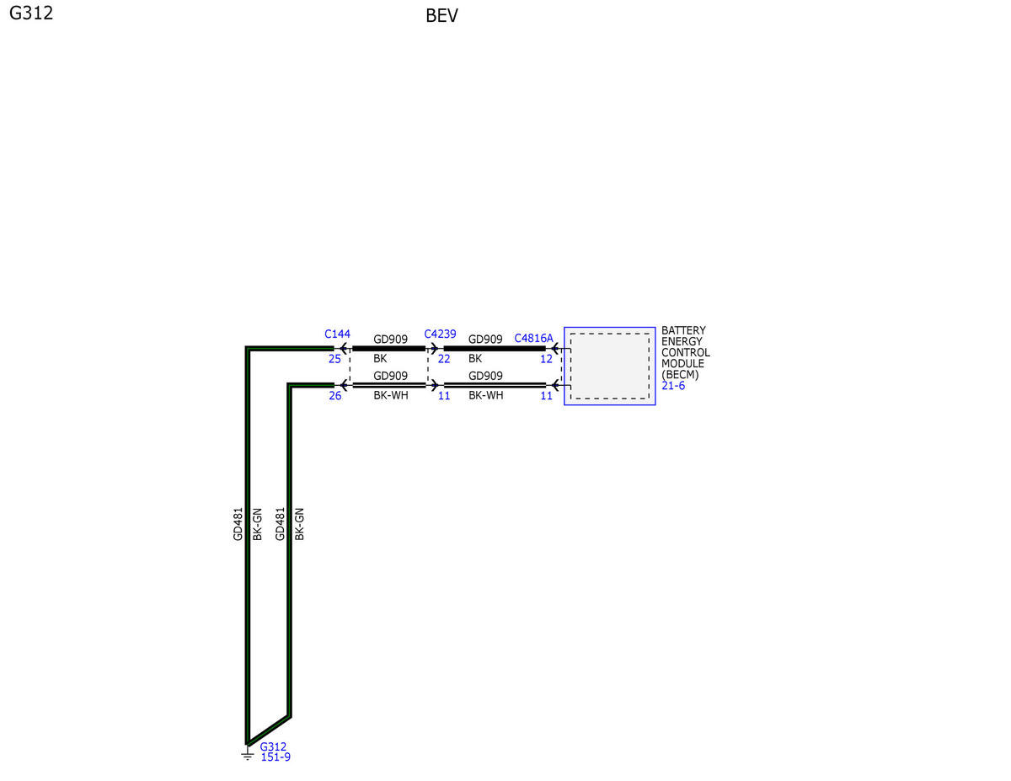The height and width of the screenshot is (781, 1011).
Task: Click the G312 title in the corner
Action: pos(31,13)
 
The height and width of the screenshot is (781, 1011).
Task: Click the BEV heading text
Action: pos(441,16)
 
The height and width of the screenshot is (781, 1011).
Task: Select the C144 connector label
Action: pos(337,334)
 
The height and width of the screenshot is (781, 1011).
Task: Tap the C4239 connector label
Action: pos(440,334)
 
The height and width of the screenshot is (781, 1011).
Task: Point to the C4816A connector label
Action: pos(533,338)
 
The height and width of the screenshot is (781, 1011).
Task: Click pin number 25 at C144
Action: pos(334,359)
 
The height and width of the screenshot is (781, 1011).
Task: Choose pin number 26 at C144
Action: pos(335,396)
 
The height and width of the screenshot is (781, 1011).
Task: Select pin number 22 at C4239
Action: pos(444,359)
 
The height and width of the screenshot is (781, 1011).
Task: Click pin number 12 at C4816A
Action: pos(546,359)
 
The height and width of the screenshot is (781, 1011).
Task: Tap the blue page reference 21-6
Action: pos(673,386)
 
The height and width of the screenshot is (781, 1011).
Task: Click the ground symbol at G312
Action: pos(247,755)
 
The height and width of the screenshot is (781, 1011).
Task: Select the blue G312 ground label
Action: pos(273,746)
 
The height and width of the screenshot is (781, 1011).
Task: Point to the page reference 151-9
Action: pos(275,757)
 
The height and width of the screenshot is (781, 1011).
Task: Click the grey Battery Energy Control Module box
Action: pos(609,366)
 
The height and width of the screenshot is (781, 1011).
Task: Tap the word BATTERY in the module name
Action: pos(683,330)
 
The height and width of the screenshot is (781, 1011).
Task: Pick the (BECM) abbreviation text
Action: pos(680,375)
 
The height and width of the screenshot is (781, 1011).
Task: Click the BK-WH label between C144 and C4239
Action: pos(391,395)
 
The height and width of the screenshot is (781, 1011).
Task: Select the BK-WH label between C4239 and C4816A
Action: pos(486,395)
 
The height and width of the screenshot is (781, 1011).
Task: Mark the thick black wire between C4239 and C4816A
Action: pos(495,349)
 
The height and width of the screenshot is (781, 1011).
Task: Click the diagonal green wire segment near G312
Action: pos(269,730)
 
